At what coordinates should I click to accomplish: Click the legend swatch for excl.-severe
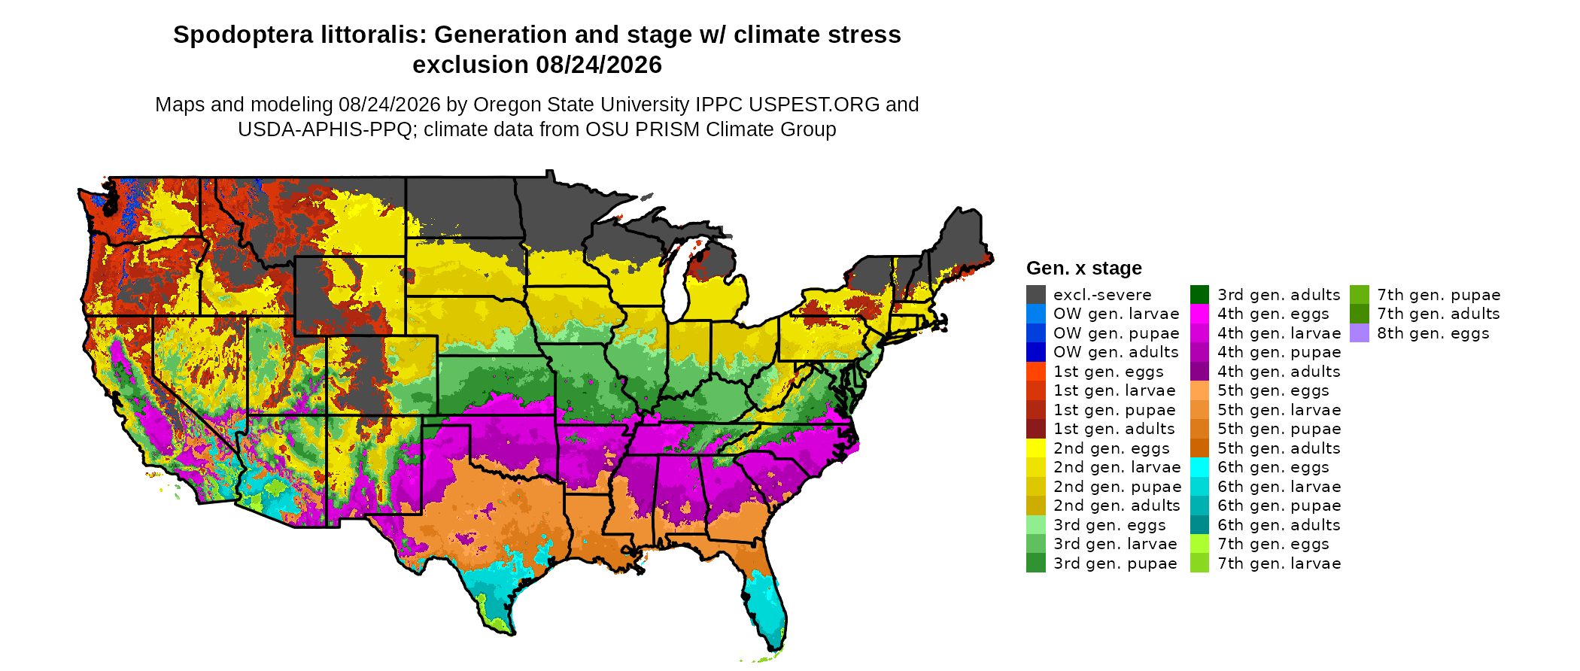(x=1035, y=295)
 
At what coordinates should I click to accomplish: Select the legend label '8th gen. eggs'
(x=1433, y=333)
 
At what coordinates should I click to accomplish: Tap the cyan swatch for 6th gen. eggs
(x=1199, y=467)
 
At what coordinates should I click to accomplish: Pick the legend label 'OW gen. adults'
(x=1116, y=352)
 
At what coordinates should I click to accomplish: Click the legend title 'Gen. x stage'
(x=1083, y=268)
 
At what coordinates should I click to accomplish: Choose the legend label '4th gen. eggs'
(x=1273, y=314)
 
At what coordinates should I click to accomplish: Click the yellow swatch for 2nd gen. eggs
(x=1035, y=448)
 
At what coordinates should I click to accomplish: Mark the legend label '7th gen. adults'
(x=1439, y=314)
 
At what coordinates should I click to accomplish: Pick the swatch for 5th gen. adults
(x=1199, y=448)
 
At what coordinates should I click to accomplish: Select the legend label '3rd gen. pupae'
(x=1115, y=563)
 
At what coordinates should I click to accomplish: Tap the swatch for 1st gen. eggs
(x=1035, y=372)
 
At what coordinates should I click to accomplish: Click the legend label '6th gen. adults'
(x=1279, y=525)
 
